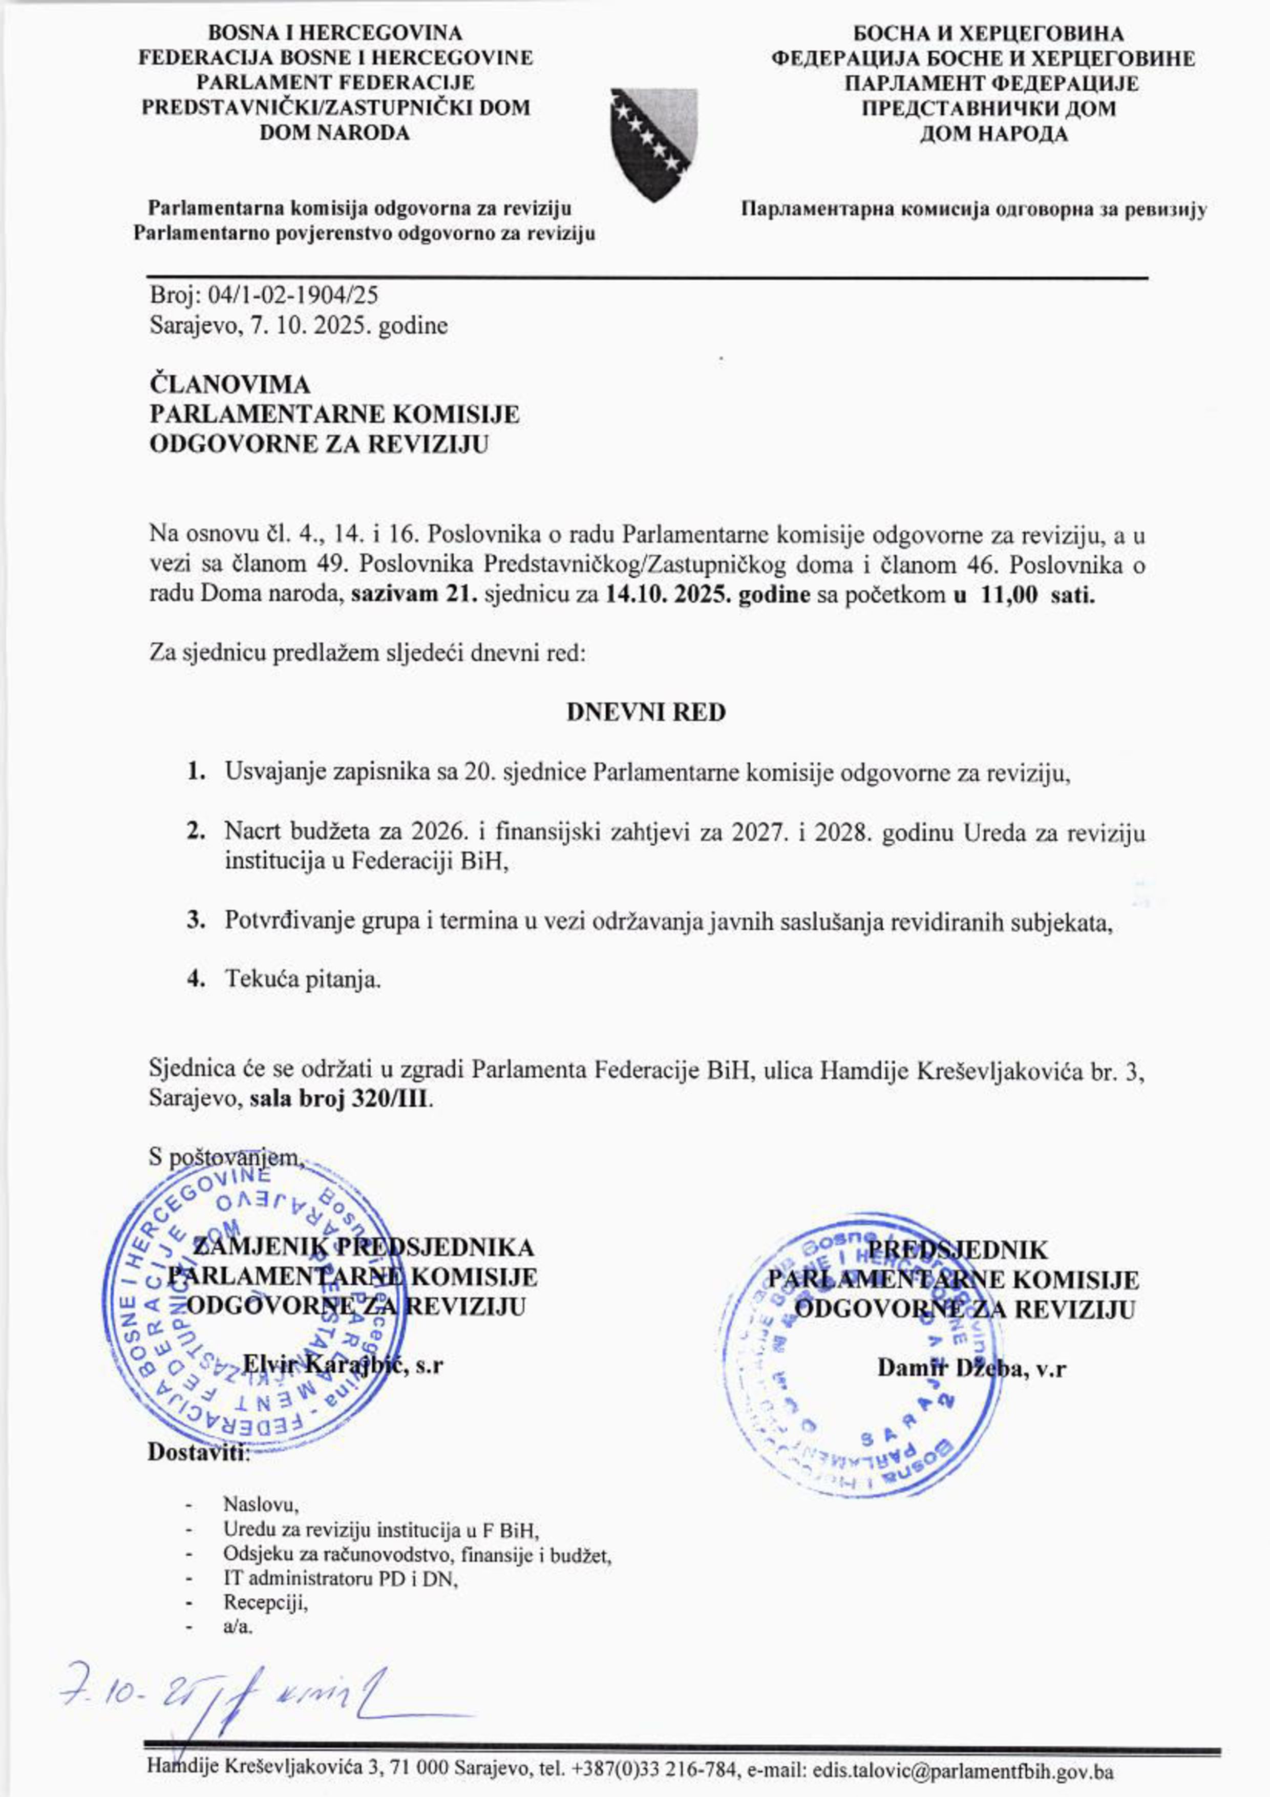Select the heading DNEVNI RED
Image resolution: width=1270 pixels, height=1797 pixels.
click(x=646, y=713)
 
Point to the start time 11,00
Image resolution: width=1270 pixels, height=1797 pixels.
click(x=1007, y=595)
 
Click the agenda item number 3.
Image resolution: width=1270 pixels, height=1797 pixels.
click(x=196, y=921)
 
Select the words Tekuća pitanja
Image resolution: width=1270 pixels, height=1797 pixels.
click(x=303, y=979)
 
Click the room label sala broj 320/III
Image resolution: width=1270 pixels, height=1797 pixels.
click(x=341, y=1098)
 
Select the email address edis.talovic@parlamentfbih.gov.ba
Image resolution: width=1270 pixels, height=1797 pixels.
click(x=962, y=1770)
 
